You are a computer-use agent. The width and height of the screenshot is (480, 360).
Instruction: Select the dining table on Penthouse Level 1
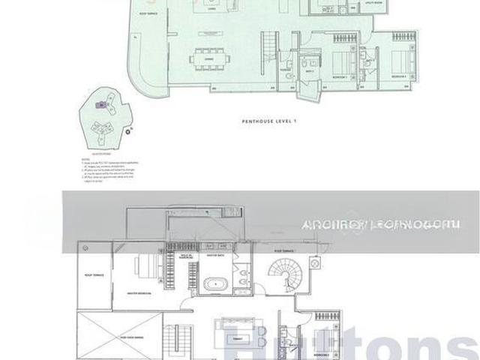click(205, 58)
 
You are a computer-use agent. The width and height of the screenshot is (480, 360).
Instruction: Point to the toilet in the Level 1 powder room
click(301, 66)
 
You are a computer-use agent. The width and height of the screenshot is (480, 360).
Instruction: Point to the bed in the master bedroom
click(145, 266)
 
